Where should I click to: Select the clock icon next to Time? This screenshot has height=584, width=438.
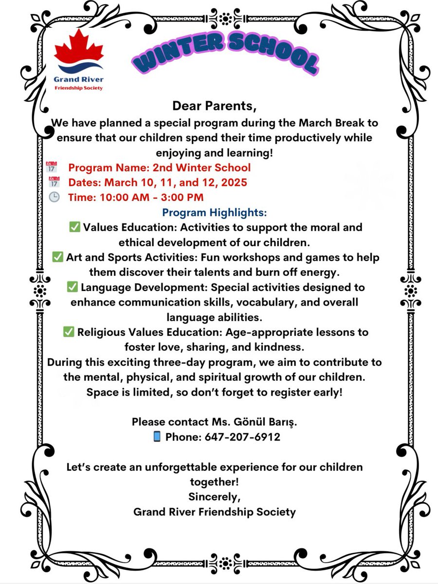coord(55,197)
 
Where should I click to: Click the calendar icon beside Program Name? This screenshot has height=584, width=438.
coord(52,168)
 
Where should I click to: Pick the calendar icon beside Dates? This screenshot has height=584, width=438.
coord(54,182)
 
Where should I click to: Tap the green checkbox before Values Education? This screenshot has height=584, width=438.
coord(74,227)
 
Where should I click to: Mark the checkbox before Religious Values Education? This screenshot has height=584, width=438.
coord(69,332)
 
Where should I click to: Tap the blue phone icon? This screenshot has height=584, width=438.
coord(157,437)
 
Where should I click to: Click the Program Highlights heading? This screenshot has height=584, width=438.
coord(215,213)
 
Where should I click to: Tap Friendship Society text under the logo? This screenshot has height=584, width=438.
coord(78,88)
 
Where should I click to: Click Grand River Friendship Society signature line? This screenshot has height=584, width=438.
coord(214,512)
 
